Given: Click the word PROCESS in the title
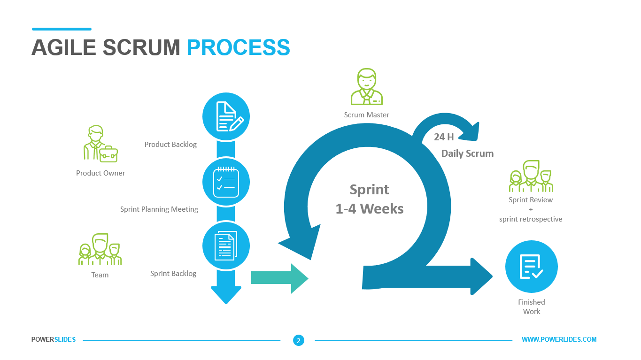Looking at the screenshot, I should [238, 47].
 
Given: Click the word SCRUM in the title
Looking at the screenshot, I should [141, 47].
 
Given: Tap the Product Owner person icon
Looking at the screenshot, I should [100, 144].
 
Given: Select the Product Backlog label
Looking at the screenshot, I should [170, 145].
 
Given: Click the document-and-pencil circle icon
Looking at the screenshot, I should [226, 116].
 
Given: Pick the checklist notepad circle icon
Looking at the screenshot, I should [226, 181].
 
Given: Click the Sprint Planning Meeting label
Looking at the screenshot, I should [159, 209].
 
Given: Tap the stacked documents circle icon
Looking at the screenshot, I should [226, 245].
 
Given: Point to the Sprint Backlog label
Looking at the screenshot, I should [173, 274].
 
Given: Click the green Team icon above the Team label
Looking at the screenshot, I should [100, 250].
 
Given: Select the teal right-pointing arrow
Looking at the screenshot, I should [279, 278].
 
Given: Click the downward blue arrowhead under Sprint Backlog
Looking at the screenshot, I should [226, 293].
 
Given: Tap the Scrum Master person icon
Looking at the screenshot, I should [367, 87].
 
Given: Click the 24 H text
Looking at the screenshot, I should [444, 137].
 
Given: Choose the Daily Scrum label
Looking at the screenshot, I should [467, 153].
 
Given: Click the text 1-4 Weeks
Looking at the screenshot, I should [370, 208].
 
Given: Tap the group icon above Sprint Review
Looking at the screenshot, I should [531, 176].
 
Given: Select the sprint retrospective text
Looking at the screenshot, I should [531, 219].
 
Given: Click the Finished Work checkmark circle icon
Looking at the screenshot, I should [531, 267].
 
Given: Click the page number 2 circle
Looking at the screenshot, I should [298, 340].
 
